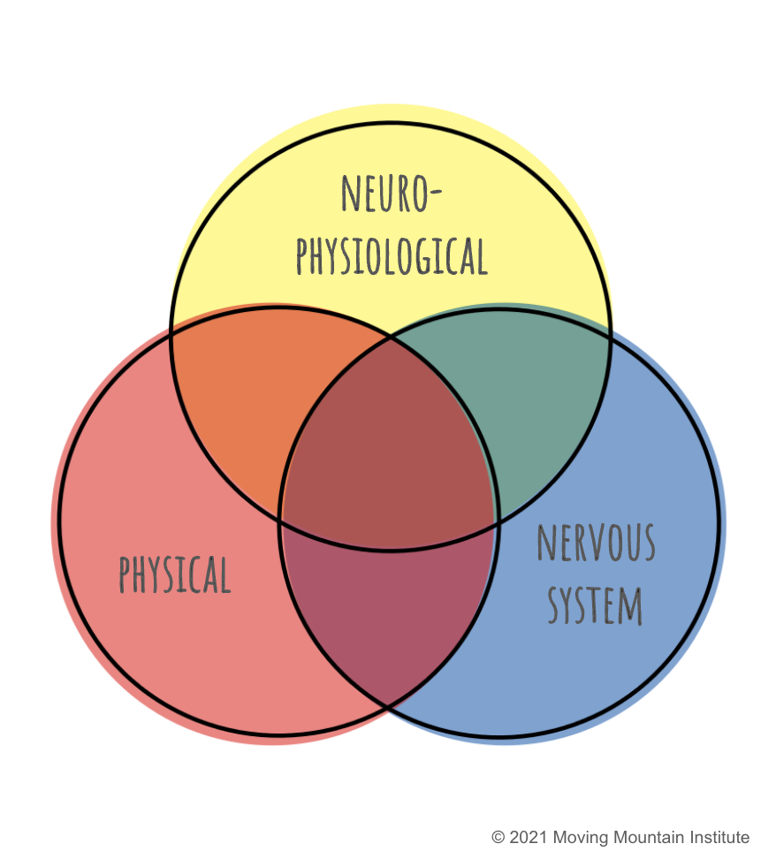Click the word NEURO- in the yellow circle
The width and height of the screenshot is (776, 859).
click(392, 194)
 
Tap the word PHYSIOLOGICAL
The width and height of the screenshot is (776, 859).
click(392, 255)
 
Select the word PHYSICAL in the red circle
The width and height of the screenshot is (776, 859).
click(175, 574)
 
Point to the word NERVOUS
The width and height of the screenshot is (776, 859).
click(596, 543)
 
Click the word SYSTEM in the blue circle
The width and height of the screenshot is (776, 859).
click(595, 605)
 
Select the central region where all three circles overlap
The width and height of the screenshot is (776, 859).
click(389, 449)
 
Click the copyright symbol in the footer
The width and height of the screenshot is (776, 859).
click(498, 838)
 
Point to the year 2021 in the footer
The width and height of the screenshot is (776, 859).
click(529, 838)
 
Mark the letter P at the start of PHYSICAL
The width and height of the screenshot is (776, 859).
click(125, 574)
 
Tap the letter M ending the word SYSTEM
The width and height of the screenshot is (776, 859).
click(630, 606)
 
